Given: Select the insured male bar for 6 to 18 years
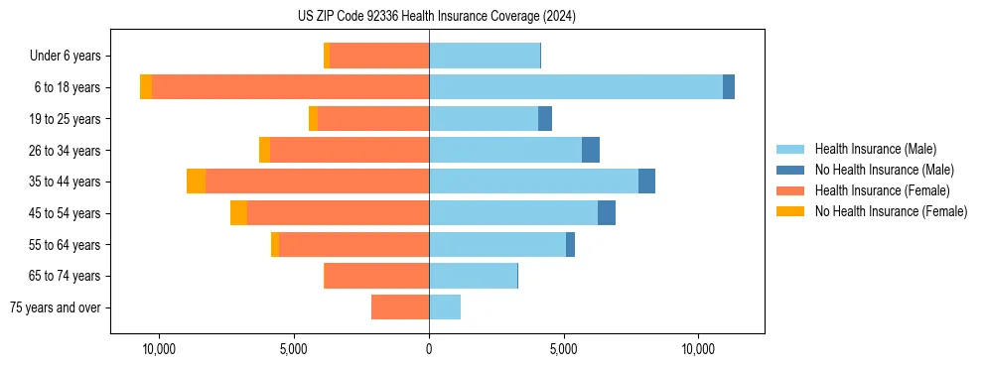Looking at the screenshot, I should coord(576,87).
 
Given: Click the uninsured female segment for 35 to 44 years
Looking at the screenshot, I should coord(196,182).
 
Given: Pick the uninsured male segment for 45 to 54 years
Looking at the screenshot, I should coord(607,213).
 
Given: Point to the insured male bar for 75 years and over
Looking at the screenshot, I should coord(445,307).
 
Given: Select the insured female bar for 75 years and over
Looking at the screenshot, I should coord(400,307).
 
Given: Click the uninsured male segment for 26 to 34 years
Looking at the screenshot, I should coord(591,150).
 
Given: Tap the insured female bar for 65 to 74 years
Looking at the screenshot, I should coord(377,276).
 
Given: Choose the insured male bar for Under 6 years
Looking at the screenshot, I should coord(485,56).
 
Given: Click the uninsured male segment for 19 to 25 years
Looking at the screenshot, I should coord(545,119).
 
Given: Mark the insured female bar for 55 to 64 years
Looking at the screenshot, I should coord(353,244).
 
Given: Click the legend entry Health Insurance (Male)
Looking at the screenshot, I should coord(875,149).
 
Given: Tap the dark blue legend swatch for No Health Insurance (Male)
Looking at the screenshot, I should coord(790,170).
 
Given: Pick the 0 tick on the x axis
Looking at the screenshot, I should coord(429,349).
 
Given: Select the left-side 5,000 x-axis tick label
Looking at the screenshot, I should coord(294,349).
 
